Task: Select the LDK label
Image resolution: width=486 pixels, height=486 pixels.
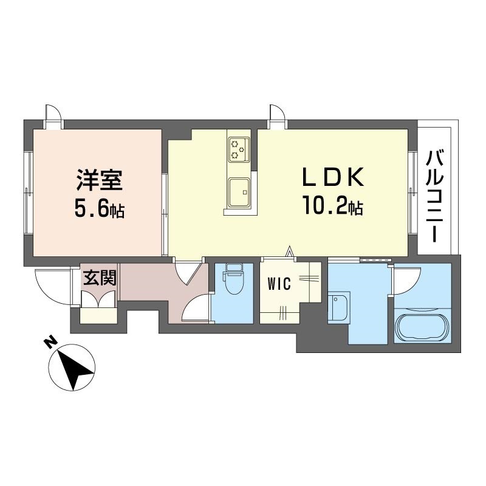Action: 334,178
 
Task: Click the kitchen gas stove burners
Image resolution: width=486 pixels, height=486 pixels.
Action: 239,149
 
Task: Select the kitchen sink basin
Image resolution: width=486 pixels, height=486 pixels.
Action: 239,191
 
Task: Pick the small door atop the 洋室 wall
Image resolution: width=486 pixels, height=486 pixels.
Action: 53,115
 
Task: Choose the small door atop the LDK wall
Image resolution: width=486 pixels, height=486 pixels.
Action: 277,115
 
